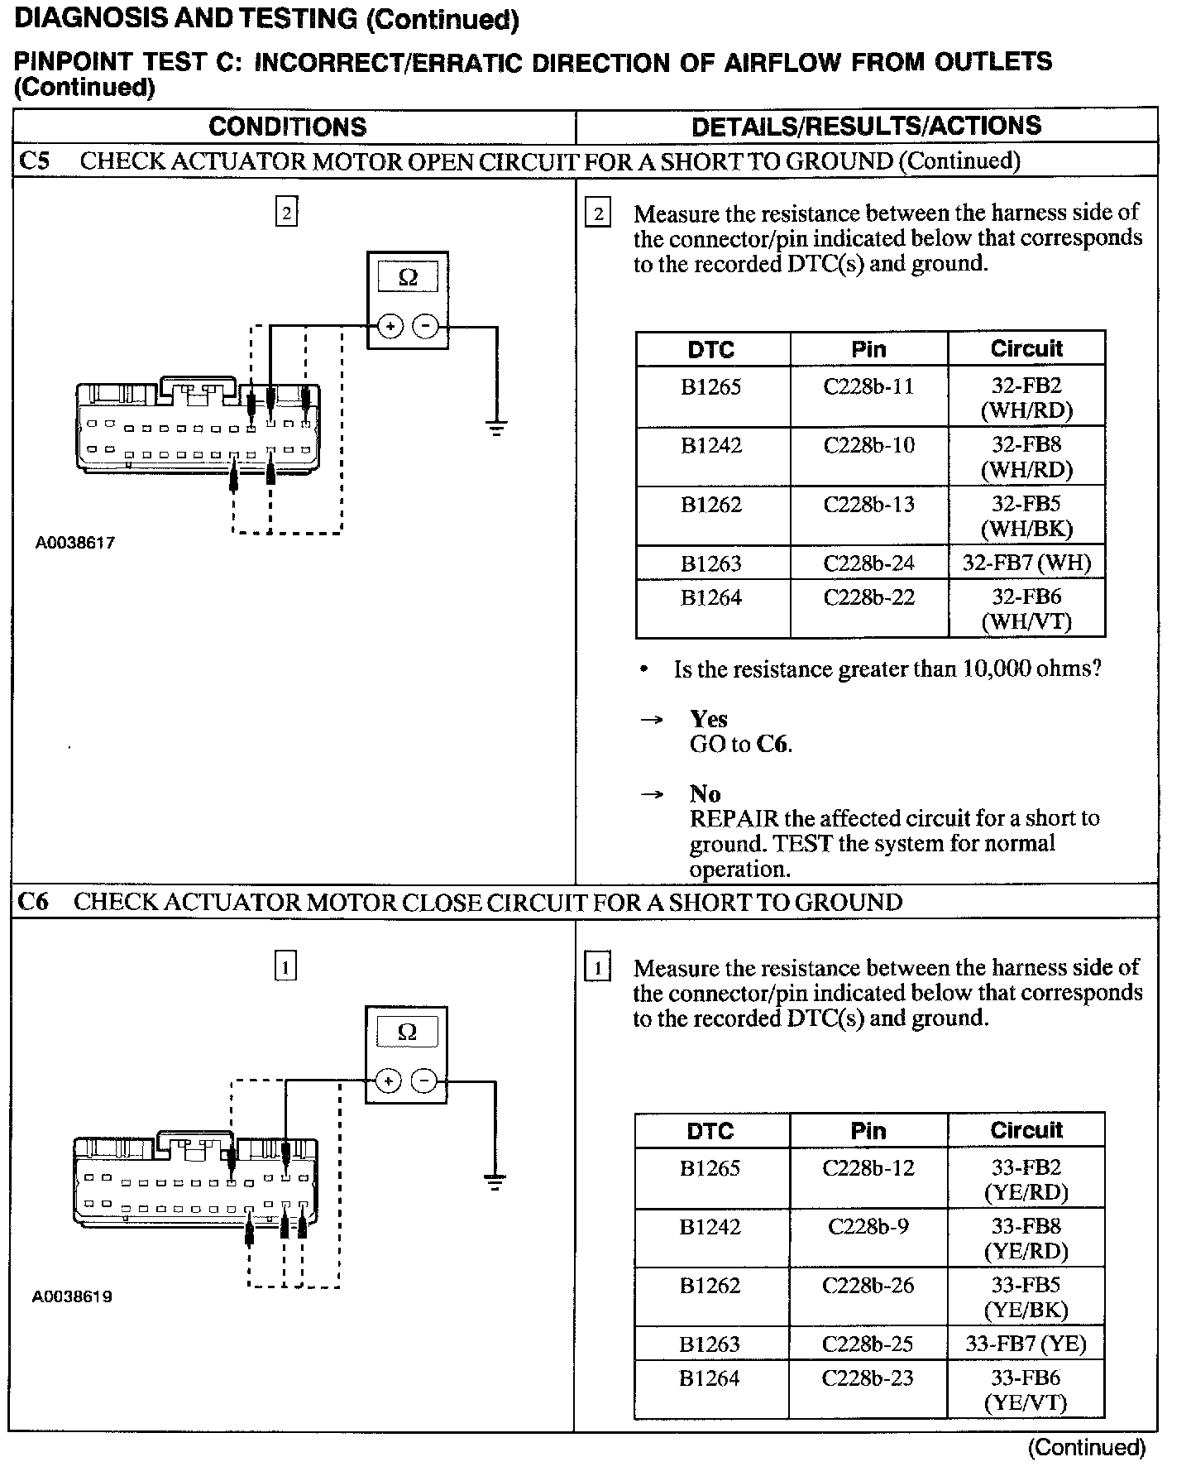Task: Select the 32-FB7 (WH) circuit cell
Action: (x=1026, y=563)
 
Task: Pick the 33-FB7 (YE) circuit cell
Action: (x=1026, y=1344)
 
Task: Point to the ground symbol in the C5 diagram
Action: (x=496, y=428)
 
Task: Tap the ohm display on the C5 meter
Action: (x=408, y=277)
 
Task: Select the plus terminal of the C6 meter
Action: (x=388, y=1081)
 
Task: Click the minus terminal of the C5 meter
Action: (x=426, y=326)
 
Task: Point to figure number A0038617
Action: (x=75, y=543)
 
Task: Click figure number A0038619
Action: (x=73, y=1296)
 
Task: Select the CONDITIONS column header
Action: (x=287, y=127)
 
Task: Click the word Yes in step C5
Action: (x=709, y=719)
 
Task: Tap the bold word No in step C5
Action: (x=705, y=794)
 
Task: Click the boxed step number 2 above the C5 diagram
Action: (x=286, y=213)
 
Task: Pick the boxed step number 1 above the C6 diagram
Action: (x=285, y=966)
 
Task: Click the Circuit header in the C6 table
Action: (x=1026, y=1130)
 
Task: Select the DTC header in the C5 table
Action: (x=711, y=349)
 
